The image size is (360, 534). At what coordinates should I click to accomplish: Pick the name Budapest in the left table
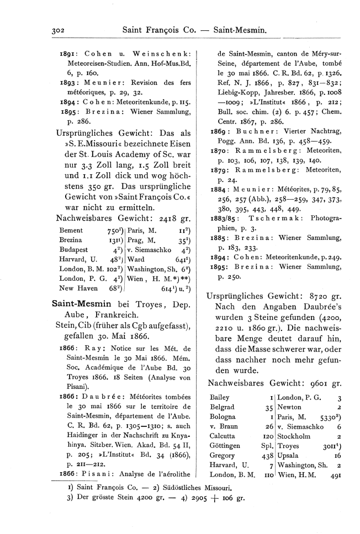[x=73, y=250]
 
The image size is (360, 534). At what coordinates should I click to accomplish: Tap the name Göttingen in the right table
[x=225, y=445]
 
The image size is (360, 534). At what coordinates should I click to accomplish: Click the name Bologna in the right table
[x=223, y=416]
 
